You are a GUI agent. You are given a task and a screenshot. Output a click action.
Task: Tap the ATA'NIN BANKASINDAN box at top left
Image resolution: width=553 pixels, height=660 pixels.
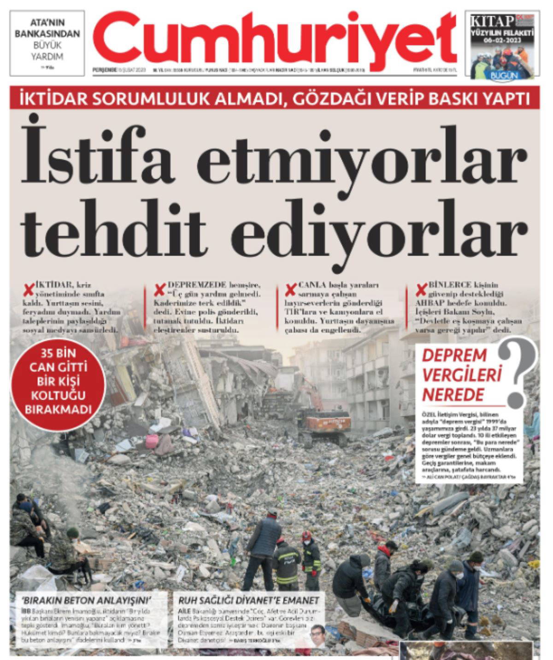tap(47, 42)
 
